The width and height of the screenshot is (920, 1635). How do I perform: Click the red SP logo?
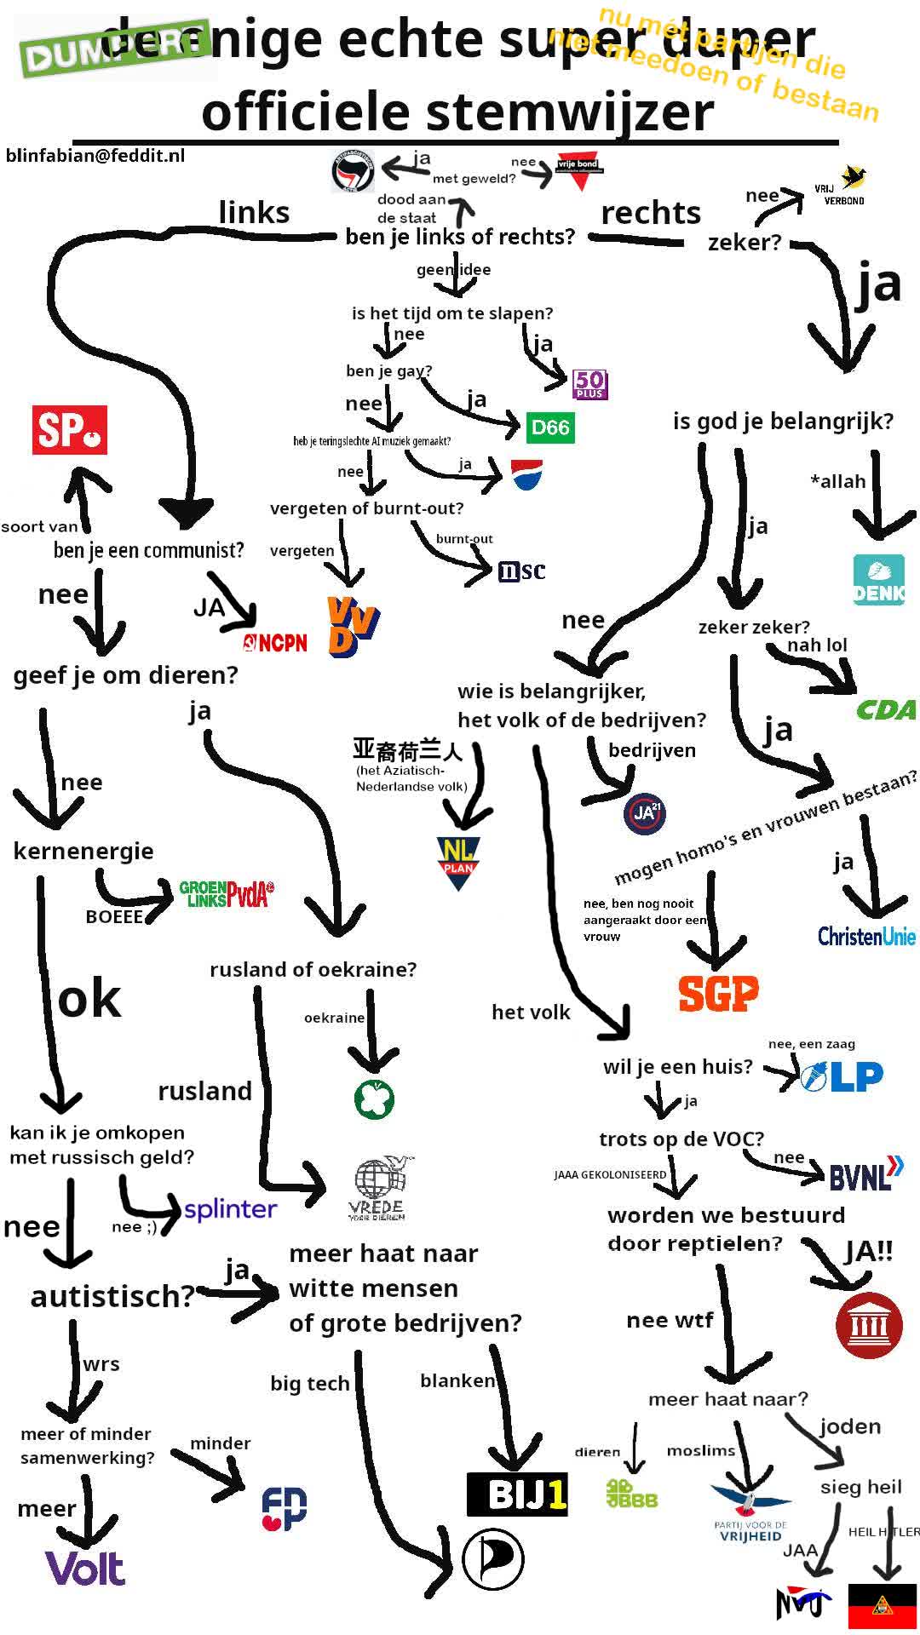pyautogui.click(x=70, y=429)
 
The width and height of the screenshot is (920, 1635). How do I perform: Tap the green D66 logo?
pyautogui.click(x=549, y=427)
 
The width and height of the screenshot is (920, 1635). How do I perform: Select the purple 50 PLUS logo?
pyautogui.click(x=589, y=384)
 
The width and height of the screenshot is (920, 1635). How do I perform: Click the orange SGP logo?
pyautogui.click(x=717, y=993)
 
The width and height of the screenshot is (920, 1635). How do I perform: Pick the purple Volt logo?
pyautogui.click(x=85, y=1568)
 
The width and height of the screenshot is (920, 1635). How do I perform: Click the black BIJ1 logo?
pyautogui.click(x=517, y=1493)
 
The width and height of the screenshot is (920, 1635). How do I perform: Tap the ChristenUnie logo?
pyautogui.click(x=865, y=936)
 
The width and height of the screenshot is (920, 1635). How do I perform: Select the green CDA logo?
pyautogui.click(x=886, y=709)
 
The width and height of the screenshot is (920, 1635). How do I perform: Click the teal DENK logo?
pyautogui.click(x=878, y=580)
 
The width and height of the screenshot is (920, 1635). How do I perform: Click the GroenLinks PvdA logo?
pyautogui.click(x=227, y=893)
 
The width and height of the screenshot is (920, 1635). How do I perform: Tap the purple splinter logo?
pyautogui.click(x=231, y=1209)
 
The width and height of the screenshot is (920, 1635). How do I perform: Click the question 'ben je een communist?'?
pyautogui.click(x=148, y=550)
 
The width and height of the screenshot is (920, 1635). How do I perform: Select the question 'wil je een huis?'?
pyautogui.click(x=678, y=1066)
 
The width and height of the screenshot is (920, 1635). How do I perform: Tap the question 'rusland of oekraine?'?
pyautogui.click(x=313, y=969)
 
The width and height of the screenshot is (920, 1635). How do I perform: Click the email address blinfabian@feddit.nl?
pyautogui.click(x=95, y=155)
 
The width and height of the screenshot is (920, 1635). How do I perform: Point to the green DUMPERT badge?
pyautogui.click(x=115, y=49)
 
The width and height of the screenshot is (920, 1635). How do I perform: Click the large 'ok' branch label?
pyautogui.click(x=89, y=999)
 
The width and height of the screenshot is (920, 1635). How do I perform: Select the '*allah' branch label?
pyautogui.click(x=837, y=481)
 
